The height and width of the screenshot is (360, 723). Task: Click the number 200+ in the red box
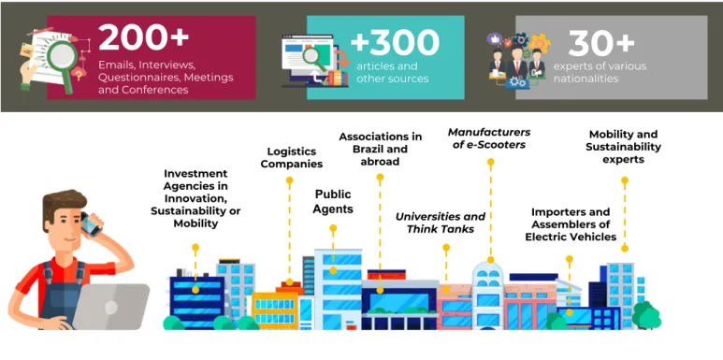tap(143, 37)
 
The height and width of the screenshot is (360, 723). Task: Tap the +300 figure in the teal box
tap(395, 43)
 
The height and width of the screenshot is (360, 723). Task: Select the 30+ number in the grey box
tap(601, 44)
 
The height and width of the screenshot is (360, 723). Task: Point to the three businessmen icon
tap(517, 64)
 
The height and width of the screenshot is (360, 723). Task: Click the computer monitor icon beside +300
tap(308, 59)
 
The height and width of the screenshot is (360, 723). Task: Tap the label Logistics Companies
tap(292, 158)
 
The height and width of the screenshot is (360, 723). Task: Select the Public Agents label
tap(333, 201)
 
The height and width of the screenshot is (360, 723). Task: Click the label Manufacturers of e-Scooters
tap(489, 138)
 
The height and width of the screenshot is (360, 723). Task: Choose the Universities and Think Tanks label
tap(441, 223)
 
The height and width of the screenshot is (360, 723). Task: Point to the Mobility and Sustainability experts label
tap(624, 147)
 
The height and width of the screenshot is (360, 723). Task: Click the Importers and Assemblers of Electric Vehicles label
tap(571, 224)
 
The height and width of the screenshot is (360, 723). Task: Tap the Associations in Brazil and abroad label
tap(380, 149)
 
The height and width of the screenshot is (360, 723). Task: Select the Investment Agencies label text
tap(195, 198)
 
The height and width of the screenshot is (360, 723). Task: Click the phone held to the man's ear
tap(91, 224)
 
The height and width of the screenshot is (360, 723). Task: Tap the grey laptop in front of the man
tap(111, 307)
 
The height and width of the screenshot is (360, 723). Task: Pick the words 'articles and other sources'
tap(393, 72)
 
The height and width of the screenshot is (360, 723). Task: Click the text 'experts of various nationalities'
tap(600, 72)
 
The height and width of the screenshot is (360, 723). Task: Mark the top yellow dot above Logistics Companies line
tap(290, 180)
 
